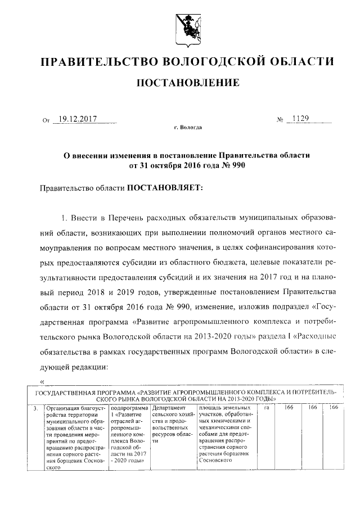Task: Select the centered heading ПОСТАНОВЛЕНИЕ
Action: (188, 83)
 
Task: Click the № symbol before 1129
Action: (280, 120)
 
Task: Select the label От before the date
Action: (46, 120)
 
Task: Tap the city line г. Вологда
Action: (188, 128)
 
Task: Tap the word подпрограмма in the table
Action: (129, 408)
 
